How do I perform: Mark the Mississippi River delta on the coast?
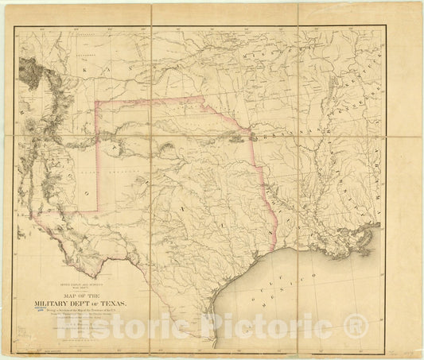pos(374,237)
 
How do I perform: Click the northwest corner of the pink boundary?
pos(96,102)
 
